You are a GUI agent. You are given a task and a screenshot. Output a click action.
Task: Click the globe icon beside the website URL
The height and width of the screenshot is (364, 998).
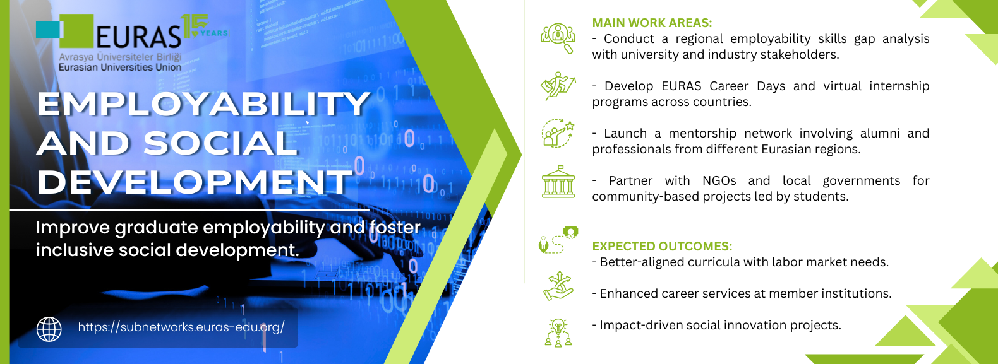coord(49,329)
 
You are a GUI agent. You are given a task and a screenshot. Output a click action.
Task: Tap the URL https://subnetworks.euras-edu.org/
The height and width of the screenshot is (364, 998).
coord(181,327)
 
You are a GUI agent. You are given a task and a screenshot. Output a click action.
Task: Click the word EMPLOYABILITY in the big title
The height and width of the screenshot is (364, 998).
coord(203,104)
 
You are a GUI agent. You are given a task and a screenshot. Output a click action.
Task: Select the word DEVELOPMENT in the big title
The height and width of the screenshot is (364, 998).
coord(195,182)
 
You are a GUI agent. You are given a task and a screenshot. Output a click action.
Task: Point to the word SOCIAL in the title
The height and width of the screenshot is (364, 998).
coord(220,143)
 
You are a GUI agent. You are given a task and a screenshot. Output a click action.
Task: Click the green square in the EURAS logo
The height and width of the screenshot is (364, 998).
coord(76,31)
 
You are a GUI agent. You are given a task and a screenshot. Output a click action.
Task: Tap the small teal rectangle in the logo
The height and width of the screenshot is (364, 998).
coord(47,30)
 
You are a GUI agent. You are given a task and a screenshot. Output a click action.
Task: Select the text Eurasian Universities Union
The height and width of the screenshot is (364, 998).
coord(120,68)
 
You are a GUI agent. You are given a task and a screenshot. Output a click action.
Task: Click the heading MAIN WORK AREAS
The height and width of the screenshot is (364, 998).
coord(652,23)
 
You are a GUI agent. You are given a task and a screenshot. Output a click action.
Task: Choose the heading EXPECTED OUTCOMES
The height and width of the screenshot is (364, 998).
coord(662,246)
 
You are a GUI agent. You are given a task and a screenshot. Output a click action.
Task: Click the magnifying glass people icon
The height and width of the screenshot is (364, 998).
coord(558,38)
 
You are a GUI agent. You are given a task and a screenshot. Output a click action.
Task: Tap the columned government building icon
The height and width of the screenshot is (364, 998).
coord(558,182)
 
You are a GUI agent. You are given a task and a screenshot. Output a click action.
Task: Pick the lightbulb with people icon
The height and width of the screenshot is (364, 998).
coord(558,332)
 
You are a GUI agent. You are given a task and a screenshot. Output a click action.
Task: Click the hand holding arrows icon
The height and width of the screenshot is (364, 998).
coord(558,286)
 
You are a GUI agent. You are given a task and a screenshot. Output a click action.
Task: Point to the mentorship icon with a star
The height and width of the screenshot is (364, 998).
coord(558,132)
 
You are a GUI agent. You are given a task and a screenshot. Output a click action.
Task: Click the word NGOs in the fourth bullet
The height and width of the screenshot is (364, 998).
coord(719,180)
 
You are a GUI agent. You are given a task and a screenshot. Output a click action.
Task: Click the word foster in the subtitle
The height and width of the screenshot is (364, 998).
coord(395,227)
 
